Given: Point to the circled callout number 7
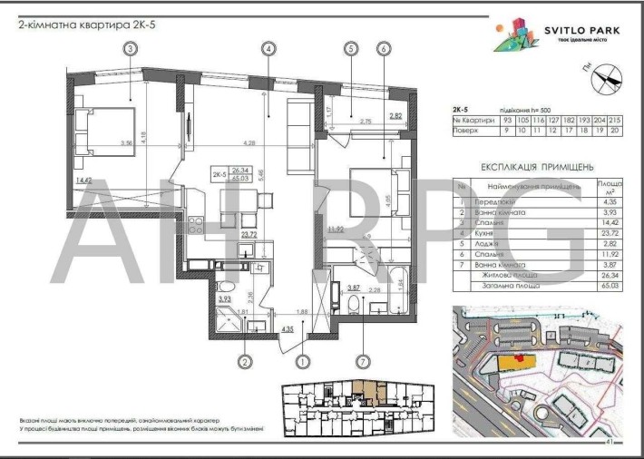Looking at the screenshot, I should tap(363, 361).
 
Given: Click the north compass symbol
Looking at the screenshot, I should tap(602, 83).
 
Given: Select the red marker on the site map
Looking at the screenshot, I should tap(520, 356).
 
